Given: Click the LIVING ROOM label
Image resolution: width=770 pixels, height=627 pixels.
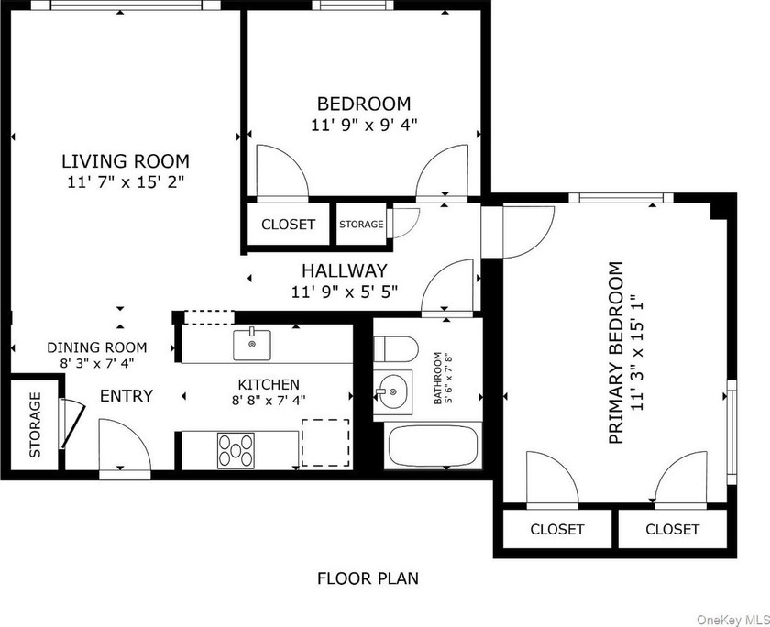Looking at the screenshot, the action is click(126, 161).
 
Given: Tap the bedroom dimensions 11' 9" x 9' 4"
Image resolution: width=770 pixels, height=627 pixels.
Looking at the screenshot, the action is click(364, 126).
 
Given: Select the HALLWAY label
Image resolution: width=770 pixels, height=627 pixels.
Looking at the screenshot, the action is click(345, 270).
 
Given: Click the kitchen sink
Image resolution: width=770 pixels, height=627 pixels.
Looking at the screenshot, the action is click(252, 344).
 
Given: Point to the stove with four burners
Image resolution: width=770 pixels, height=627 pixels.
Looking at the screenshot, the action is click(236, 450).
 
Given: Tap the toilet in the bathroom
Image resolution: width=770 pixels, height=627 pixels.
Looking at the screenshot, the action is click(396, 349).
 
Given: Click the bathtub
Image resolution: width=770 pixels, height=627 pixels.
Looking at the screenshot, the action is click(433, 446).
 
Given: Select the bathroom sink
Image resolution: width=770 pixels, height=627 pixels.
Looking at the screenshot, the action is click(392, 391).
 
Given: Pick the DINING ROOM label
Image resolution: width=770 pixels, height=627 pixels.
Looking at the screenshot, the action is click(97, 347).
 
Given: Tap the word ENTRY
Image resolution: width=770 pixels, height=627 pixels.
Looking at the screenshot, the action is click(126, 396).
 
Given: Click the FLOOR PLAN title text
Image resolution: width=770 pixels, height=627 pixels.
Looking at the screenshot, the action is click(368, 578).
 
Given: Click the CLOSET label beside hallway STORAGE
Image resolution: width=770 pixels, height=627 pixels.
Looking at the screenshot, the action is click(288, 225).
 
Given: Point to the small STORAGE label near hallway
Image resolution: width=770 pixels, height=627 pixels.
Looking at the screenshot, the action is click(361, 224).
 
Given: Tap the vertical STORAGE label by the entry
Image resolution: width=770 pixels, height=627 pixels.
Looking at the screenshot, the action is click(35, 424).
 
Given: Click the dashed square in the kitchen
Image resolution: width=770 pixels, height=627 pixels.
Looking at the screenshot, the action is click(325, 443).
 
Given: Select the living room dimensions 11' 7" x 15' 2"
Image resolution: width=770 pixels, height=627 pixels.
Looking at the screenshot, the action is click(126, 182).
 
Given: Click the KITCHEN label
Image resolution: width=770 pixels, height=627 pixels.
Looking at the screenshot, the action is click(268, 384).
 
